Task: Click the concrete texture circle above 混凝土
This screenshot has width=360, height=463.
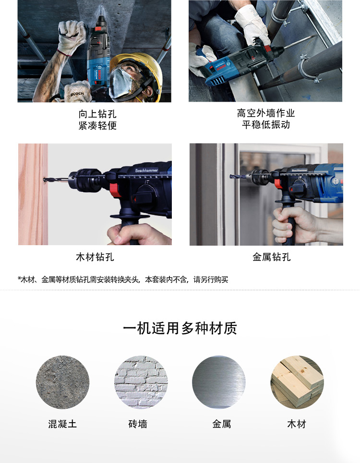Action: click(x=62, y=382)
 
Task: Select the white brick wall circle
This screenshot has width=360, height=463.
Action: click(x=141, y=382)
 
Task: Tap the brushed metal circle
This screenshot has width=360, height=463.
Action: click(x=219, y=382)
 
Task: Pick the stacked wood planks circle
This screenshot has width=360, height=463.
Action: click(x=297, y=382)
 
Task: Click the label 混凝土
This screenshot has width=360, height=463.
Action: click(x=62, y=424)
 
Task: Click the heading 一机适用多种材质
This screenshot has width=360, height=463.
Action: click(x=180, y=328)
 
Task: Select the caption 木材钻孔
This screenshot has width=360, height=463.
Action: click(x=95, y=257)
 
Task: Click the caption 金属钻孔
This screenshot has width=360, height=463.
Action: click(x=272, y=257)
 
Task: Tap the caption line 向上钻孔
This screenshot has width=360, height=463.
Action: click(x=97, y=114)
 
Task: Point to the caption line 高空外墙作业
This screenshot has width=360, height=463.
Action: click(x=266, y=113)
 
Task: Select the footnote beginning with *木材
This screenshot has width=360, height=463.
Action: click(x=123, y=279)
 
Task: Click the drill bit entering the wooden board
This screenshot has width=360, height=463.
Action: click(x=53, y=181)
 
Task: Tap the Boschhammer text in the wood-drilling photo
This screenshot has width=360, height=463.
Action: click(x=146, y=170)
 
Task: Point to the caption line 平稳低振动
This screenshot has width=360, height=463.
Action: click(x=266, y=125)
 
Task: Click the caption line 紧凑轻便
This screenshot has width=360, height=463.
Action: click(x=97, y=126)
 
